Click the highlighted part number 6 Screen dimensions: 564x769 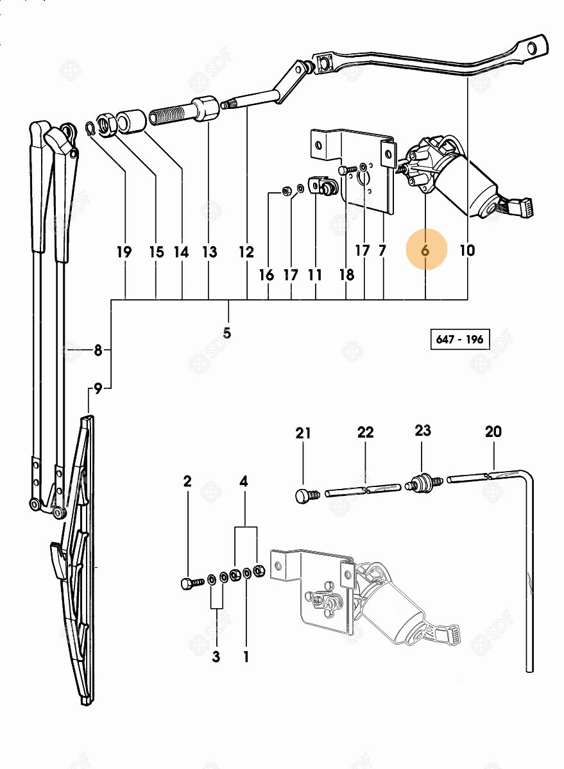[425, 251]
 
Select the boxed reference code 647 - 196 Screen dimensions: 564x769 [460, 340]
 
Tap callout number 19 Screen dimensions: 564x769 [124, 252]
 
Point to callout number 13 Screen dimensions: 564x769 [210, 252]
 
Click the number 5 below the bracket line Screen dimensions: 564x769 [227, 333]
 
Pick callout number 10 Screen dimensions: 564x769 [467, 251]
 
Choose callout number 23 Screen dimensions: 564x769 [423, 430]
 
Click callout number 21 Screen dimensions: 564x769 [303, 433]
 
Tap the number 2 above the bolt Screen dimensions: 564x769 [187, 482]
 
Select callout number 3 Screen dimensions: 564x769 [216, 657]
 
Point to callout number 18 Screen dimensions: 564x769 [346, 275]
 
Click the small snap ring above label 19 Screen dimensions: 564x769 [89, 129]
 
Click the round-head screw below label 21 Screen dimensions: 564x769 [307, 497]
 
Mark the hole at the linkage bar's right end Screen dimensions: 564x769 [532, 47]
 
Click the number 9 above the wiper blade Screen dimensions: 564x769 [98, 390]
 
